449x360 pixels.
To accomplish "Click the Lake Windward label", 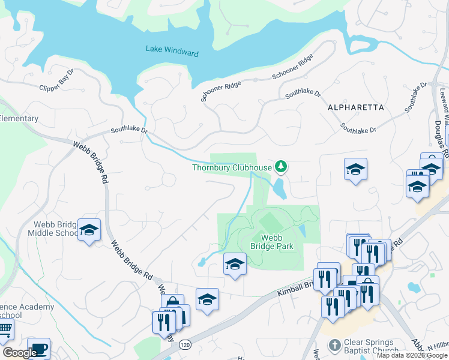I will point(172,53).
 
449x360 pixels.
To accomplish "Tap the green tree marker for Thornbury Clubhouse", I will point(280,166).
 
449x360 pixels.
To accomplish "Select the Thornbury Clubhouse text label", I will point(231,168).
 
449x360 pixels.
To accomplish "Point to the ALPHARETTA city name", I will point(355,107).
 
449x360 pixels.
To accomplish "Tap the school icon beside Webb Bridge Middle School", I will point(89,230).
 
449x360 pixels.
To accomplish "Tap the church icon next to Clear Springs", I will point(334,345).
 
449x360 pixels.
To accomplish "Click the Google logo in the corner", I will point(19,353).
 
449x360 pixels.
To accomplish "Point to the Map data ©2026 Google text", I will point(412,355).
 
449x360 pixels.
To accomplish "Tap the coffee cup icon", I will point(39,349).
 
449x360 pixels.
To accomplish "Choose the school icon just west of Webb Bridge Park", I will point(235,263).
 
